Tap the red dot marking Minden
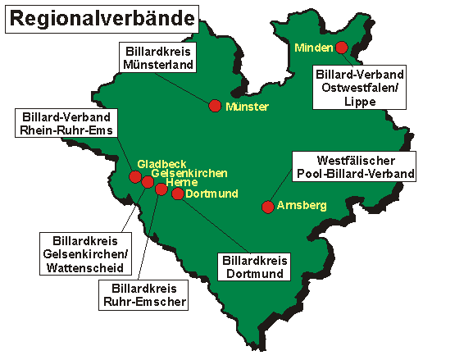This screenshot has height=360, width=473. [x=341, y=47]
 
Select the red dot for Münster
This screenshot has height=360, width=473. [x=215, y=106]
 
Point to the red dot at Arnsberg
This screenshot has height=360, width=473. [x=267, y=207]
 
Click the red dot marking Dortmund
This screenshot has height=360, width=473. [x=177, y=194]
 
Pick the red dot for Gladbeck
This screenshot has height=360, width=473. [x=135, y=176]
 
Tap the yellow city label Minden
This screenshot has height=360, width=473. [x=314, y=47]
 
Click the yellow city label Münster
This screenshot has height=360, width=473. [x=247, y=107]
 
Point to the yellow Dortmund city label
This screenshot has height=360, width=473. [x=211, y=194]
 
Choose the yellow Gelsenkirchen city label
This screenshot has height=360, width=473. [x=189, y=174]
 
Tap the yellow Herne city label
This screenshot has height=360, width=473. [x=181, y=183]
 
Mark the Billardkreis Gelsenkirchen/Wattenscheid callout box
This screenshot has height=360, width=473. [x=84, y=254]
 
